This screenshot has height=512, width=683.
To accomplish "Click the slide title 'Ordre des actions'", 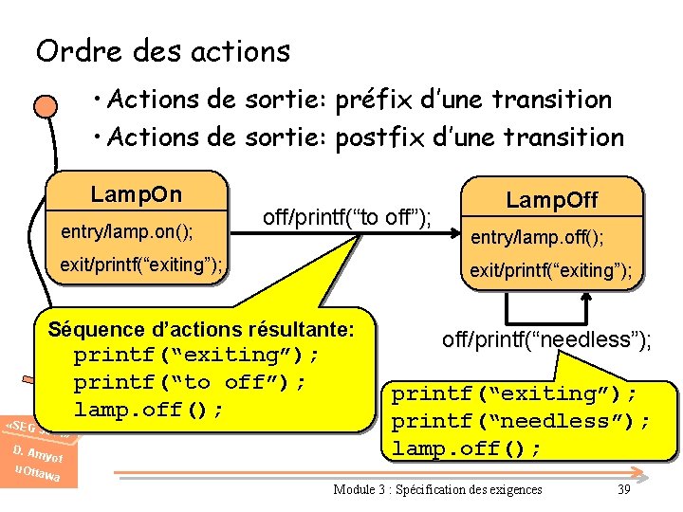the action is coord(162,50).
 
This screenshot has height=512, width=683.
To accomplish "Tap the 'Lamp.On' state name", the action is coord(136,194).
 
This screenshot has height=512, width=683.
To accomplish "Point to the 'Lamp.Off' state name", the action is coord(552,199).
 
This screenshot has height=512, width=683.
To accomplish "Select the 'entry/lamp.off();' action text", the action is coord(537,235).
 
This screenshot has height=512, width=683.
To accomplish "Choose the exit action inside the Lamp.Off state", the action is coord(550,270).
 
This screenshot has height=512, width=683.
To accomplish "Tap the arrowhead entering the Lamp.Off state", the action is coord(453,240).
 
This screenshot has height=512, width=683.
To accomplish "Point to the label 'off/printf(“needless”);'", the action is coord(546,340).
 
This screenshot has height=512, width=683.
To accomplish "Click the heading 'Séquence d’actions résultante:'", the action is coord(201,330).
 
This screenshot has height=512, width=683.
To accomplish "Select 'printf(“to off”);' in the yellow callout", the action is coord(190,382).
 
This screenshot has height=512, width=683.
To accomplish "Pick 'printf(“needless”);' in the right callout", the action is coord(521,420).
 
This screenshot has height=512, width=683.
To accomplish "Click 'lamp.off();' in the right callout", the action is coord(467,448).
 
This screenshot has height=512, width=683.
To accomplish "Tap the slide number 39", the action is coord(623,489).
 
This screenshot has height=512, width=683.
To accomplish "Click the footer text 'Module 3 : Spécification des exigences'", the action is coord(437,489).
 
